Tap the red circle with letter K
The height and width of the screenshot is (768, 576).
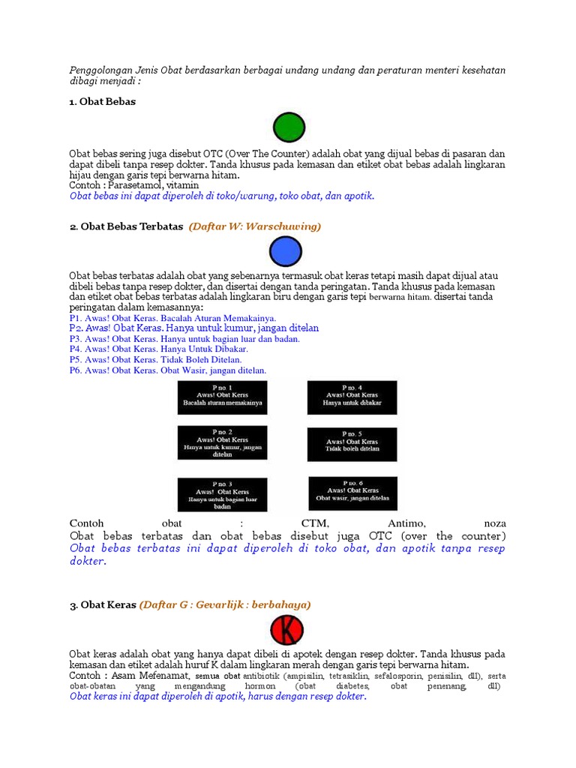point(286,630)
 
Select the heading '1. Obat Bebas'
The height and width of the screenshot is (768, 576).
point(102,101)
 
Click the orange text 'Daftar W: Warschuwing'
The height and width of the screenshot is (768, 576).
point(255,226)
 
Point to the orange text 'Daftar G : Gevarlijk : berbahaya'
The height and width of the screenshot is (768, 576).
point(225,604)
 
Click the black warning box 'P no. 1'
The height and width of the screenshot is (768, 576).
point(222,397)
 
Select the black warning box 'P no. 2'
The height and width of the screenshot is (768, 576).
point(222,442)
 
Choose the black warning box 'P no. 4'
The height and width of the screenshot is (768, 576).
point(352,397)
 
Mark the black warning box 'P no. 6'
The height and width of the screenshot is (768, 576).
point(352,493)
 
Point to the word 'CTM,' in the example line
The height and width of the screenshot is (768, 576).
point(315,523)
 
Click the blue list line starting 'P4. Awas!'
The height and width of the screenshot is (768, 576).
point(159,349)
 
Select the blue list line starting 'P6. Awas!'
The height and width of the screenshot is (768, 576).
point(168,370)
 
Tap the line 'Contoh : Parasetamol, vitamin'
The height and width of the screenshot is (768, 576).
point(134,184)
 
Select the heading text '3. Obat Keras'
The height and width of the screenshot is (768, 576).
point(103,604)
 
